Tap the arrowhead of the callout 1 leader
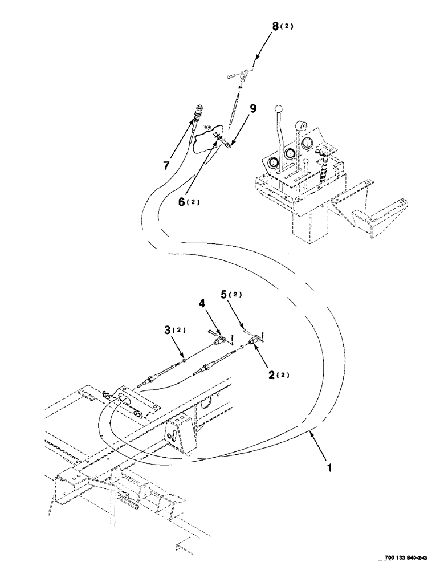click(309, 435)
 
